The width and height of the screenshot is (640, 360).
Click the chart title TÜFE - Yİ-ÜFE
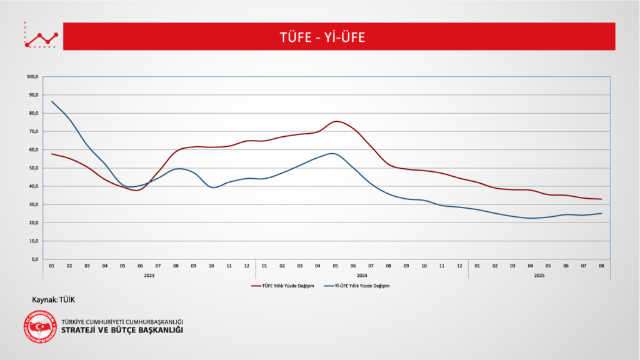322,37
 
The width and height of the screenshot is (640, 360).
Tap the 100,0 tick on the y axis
33,77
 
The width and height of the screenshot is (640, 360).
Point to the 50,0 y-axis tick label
33,168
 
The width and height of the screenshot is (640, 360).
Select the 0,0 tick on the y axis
34,259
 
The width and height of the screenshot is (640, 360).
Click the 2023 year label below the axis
149,275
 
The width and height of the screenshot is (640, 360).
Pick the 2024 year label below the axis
362,275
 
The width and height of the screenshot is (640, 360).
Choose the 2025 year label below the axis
539,275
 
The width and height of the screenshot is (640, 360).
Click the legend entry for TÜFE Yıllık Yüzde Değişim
285,286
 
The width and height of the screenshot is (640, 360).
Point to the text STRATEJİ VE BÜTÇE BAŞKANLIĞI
122,330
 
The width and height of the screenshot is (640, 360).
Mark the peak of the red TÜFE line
336,121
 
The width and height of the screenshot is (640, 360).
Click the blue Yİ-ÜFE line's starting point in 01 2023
52,101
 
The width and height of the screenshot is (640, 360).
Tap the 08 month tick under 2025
601,266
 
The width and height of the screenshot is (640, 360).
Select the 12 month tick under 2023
247,266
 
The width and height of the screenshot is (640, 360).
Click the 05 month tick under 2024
336,266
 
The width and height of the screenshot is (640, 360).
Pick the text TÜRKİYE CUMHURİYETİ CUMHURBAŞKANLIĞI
122,321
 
